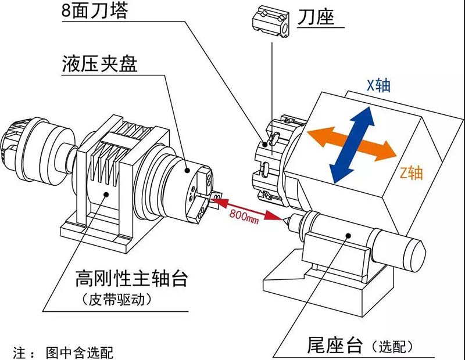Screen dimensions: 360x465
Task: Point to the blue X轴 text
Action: (378, 86)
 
